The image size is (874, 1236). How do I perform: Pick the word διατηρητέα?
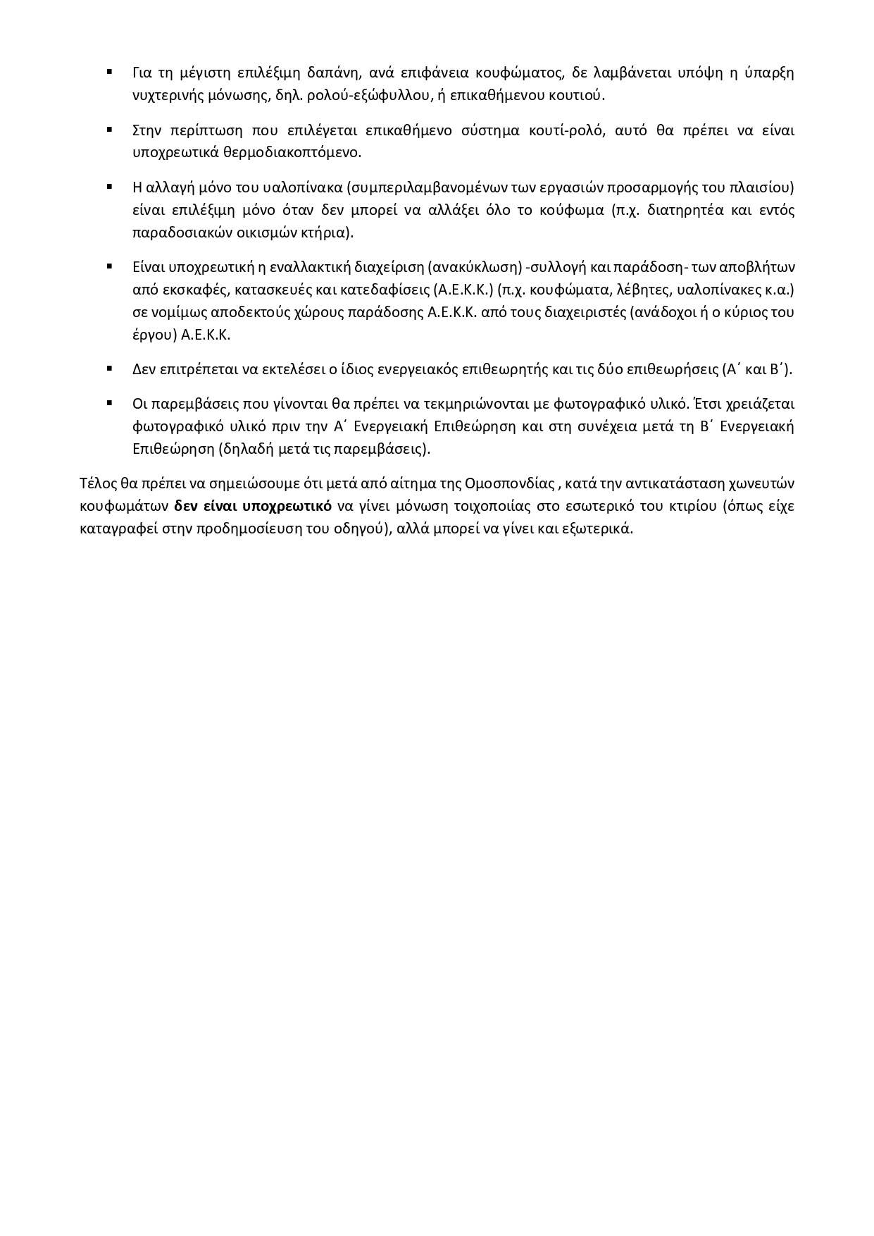pyautogui.click(x=683, y=210)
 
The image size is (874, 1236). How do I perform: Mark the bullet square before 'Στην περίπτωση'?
pyautogui.click(x=110, y=130)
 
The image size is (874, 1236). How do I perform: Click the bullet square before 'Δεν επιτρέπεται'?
pyautogui.click(x=110, y=369)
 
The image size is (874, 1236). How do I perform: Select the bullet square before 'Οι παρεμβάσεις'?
pyautogui.click(x=110, y=404)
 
